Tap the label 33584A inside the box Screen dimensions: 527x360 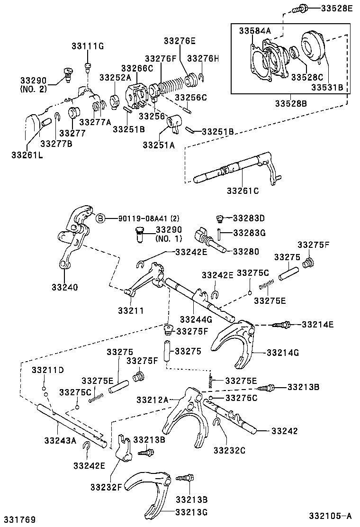pos(254,31)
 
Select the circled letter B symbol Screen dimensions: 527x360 pos(100,218)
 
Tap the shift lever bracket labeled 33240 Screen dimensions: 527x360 pos(73,237)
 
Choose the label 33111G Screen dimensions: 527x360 pos(88,46)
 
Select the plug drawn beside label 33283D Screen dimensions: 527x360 pos(219,218)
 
